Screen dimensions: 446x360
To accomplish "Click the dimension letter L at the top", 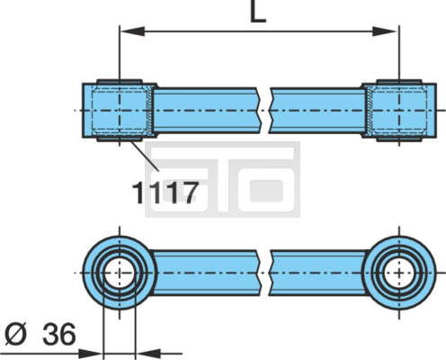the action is pyautogui.click(x=258, y=13).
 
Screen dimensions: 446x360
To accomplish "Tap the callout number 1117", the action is pyautogui.click(x=165, y=193).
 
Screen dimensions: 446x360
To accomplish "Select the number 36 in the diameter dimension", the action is pyautogui.click(x=58, y=334).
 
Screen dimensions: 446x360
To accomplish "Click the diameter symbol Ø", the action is pyautogui.click(x=16, y=334).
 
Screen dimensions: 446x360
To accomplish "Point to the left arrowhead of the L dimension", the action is pyautogui.click(x=132, y=31).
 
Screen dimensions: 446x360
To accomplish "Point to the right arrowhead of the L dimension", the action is pyautogui.click(x=386, y=31).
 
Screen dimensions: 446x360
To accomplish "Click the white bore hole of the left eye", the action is pyautogui.click(x=120, y=273).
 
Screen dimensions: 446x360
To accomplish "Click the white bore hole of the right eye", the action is pyautogui.click(x=399, y=273).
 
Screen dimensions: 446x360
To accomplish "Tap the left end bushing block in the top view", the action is pyautogui.click(x=120, y=111).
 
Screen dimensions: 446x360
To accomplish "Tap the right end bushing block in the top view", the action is pyautogui.click(x=399, y=111).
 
